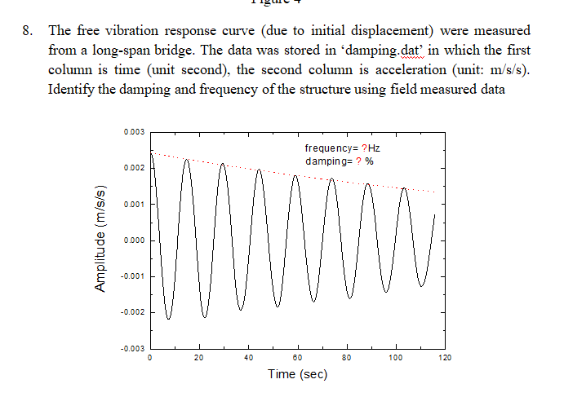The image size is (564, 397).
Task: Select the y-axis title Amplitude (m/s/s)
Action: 102,240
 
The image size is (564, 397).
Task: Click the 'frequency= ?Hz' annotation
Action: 342,149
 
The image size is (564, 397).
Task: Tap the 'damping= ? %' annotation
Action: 339,161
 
